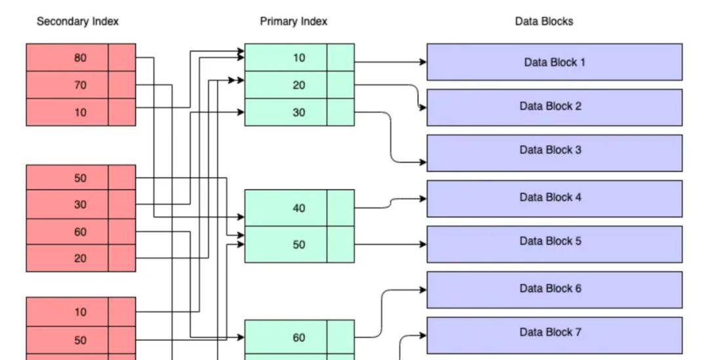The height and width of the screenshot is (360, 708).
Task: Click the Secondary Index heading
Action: point(77,22)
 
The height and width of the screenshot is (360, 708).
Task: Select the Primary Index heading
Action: point(293,22)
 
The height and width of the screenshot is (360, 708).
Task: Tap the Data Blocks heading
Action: point(543,22)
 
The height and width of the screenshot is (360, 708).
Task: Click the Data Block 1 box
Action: point(554,62)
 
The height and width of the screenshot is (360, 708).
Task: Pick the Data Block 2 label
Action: point(550,106)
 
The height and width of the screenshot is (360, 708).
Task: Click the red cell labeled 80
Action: point(80,58)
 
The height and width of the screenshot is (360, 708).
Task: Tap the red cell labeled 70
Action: point(80,85)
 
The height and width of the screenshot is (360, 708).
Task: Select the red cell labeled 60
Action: point(80,231)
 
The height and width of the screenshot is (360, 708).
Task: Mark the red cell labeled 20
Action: point(80,258)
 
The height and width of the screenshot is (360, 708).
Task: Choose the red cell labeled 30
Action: point(80,205)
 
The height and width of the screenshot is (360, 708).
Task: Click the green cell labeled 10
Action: point(299,58)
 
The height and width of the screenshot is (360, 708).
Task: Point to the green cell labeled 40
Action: point(299,208)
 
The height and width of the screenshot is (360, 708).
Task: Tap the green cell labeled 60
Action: point(299,338)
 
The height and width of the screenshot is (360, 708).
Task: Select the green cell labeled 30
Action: point(299,112)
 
